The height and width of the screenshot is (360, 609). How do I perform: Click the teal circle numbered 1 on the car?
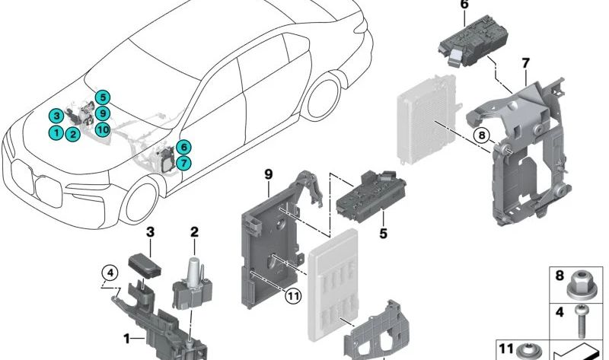pos(56,132)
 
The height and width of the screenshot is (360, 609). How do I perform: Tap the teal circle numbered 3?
pos(56,116)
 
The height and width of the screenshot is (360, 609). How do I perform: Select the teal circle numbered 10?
pos(104,129)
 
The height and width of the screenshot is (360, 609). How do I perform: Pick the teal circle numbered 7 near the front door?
pos(183,163)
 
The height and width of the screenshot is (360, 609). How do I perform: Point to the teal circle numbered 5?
pos(104,97)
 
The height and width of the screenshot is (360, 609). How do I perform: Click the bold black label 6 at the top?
pos(464,6)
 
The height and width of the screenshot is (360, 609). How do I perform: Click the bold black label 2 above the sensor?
pos(194,231)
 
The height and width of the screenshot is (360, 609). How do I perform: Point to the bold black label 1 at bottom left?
pos(127,338)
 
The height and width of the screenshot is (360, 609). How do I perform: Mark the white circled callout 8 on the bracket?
pos(480,136)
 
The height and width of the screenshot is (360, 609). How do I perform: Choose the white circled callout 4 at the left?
pos(110,272)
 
